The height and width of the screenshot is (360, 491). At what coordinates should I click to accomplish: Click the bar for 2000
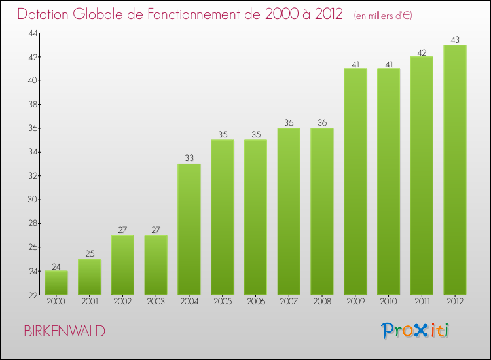pos(56,283)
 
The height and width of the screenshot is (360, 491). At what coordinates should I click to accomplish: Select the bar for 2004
pos(189,229)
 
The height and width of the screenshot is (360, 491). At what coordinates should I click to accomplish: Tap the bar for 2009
pos(355,181)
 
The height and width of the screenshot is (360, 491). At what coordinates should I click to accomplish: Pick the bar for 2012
pos(455,170)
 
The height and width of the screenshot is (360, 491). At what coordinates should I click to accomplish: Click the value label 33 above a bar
pos(189,158)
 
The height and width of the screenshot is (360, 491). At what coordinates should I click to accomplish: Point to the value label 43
pos(455,39)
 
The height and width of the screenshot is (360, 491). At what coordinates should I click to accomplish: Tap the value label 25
pos(90,253)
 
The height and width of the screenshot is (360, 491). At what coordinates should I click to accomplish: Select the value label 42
pos(422,51)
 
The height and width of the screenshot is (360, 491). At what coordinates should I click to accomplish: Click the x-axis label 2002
pos(122,302)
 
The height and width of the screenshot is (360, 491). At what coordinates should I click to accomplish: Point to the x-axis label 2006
pos(255,302)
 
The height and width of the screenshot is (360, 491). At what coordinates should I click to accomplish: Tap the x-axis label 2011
pos(422,302)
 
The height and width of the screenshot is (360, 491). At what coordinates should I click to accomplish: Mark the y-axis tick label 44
pos(32,33)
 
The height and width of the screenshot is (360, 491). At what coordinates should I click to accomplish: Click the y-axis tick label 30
pos(32,200)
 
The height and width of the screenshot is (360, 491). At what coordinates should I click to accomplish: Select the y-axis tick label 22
pos(32,295)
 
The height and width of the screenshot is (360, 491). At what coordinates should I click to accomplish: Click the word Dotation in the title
pos(45,14)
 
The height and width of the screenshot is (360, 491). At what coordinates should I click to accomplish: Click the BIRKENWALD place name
pos(64,331)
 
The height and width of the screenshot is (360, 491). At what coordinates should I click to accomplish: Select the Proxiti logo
pos(414,331)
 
